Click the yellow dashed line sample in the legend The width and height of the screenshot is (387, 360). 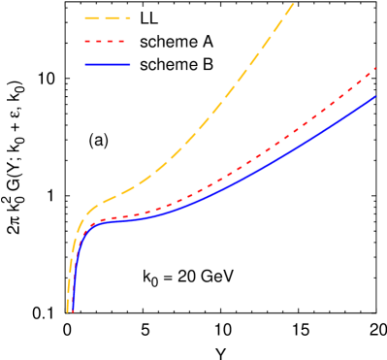pyautogui.click(x=107, y=17)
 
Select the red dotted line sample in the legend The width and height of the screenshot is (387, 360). pyautogui.click(x=107, y=41)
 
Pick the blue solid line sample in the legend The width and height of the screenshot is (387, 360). pyautogui.click(x=107, y=64)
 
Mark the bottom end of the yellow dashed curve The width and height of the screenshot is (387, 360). pyautogui.click(x=67, y=311)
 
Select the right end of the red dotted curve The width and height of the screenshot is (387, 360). pyautogui.click(x=376, y=68)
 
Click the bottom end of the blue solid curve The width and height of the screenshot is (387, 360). pyautogui.click(x=73, y=311)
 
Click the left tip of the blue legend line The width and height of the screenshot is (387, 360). pyautogui.click(x=85, y=64)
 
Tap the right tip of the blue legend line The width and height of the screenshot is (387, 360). pyautogui.click(x=130, y=64)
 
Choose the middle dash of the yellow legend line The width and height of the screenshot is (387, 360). pyautogui.click(x=109, y=17)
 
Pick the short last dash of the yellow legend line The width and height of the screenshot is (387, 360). pyautogui.click(x=128, y=17)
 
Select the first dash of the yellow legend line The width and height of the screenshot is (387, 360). pyautogui.click(x=91, y=17)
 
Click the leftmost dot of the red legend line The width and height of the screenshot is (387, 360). pyautogui.click(x=87, y=41)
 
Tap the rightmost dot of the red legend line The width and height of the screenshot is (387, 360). pyautogui.click(x=122, y=41)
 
